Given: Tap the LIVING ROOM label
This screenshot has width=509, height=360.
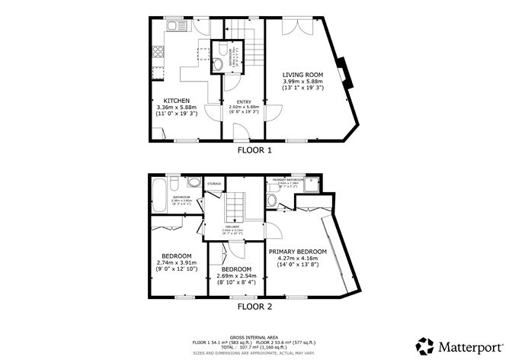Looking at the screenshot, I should (x=303, y=74).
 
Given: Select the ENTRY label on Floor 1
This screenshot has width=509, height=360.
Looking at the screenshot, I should (x=242, y=101).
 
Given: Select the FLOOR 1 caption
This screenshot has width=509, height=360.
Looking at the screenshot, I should (x=254, y=151).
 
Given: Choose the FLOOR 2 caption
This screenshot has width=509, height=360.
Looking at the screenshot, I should (x=254, y=307).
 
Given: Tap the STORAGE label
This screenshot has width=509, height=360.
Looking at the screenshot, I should (x=214, y=184).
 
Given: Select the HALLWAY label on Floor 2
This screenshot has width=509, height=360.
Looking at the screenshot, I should (x=232, y=226).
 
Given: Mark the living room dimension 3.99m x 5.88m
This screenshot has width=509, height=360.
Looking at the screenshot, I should (x=303, y=82).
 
